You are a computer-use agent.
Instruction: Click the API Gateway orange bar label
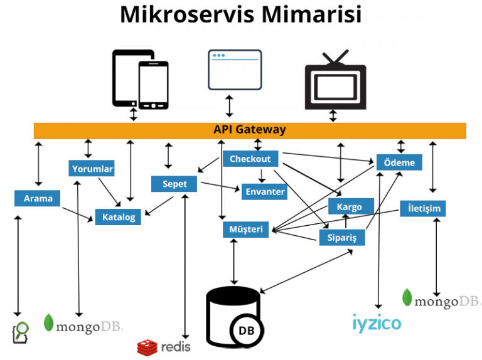249,130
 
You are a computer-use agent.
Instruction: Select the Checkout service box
250,159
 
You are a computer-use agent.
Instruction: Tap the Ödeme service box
399,162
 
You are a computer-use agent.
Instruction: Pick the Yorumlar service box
92,169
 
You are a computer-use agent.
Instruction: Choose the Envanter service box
265,192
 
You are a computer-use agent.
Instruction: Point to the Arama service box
38,199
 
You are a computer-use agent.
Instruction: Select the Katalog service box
118,217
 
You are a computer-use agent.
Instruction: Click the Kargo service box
349,206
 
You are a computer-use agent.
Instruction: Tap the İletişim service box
423,208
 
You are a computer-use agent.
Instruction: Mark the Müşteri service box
246,230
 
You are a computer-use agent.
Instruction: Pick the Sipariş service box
341,237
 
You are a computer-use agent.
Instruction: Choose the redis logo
164,346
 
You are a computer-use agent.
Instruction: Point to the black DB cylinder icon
233,314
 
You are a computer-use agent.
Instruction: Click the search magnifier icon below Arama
21,331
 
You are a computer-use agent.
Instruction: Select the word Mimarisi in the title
311,15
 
